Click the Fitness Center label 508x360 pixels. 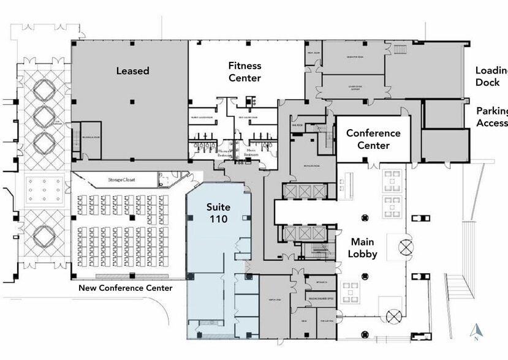(x=245, y=72)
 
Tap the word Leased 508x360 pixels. (x=133, y=71)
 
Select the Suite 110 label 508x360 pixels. (x=217, y=212)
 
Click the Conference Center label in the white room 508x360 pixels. (x=373, y=139)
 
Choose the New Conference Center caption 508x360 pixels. (x=125, y=288)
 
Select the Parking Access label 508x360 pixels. (x=492, y=117)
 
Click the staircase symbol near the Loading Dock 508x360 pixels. (x=400, y=48)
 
